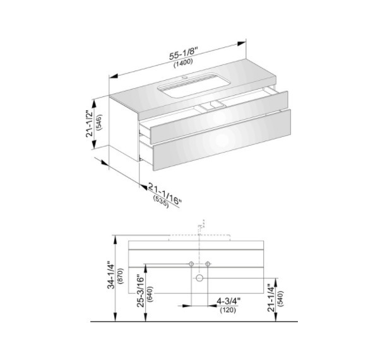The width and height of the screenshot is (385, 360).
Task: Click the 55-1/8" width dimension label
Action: coord(184,54)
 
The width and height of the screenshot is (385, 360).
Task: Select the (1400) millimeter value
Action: coord(184,63)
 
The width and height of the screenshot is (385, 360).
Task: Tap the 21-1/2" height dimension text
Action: coord(90,123)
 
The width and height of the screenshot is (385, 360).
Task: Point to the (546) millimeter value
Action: coord(100,122)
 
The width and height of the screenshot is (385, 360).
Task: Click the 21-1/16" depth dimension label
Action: coord(165,194)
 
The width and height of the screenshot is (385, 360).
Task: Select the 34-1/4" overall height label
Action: coord(112,276)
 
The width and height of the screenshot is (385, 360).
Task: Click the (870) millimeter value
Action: coord(121,276)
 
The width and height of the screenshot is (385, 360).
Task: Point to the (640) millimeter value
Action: coord(150,294)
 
